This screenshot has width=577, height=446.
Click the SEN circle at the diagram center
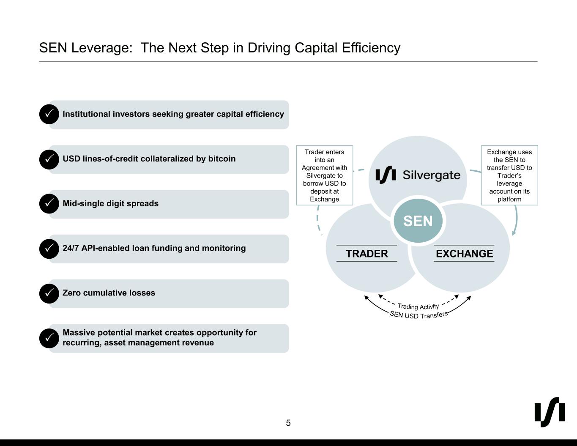pyautogui.click(x=418, y=221)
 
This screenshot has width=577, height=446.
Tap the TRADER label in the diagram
pyautogui.click(x=366, y=254)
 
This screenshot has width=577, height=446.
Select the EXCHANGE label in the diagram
pyautogui.click(x=464, y=254)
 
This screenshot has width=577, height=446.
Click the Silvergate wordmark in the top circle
pyautogui.click(x=431, y=175)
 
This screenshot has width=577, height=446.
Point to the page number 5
pyautogui.click(x=288, y=423)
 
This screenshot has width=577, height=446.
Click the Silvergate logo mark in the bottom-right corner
pyautogui.click(x=550, y=412)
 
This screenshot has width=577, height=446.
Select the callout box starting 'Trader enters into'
pyautogui.click(x=324, y=175)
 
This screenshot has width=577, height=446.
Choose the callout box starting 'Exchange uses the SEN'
pyautogui.click(x=509, y=175)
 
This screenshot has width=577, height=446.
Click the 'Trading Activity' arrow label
pyautogui.click(x=418, y=306)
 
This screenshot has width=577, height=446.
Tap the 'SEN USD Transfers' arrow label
pyautogui.click(x=418, y=315)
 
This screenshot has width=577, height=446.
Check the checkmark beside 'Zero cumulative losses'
pyautogui.click(x=49, y=293)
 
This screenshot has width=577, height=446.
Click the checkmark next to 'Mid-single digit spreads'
pyautogui.click(x=49, y=203)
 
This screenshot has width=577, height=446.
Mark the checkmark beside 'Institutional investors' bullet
pyautogui.click(x=49, y=114)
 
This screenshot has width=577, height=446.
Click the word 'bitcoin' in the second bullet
pyautogui.click(x=221, y=159)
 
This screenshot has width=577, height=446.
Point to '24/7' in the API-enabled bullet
pyautogui.click(x=71, y=248)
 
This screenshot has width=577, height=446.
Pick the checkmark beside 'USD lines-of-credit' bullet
pyautogui.click(x=49, y=159)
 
